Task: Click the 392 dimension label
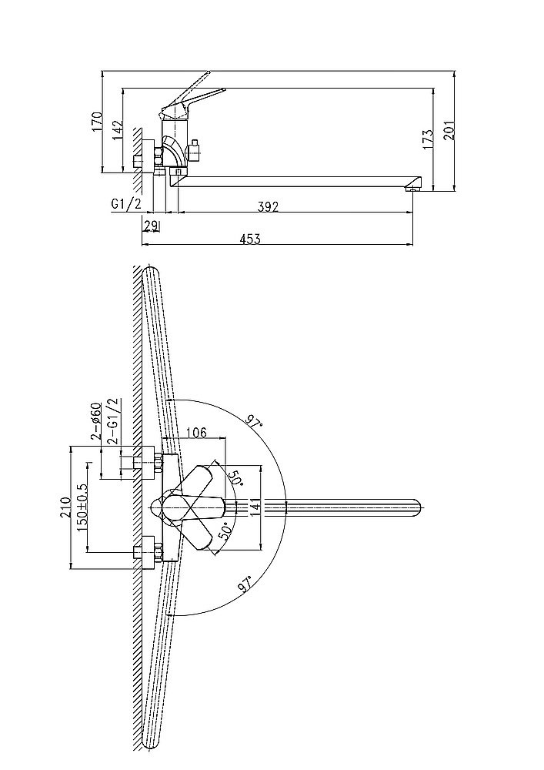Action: tap(267, 206)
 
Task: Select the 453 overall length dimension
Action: tap(250, 239)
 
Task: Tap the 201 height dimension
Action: tap(449, 130)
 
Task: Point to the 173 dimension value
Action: tap(429, 139)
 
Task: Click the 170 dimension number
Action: tap(97, 122)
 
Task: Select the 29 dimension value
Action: tap(151, 226)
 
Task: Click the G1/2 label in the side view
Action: tap(126, 204)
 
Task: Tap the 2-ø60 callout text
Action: tap(95, 420)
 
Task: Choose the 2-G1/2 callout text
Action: tap(115, 421)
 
